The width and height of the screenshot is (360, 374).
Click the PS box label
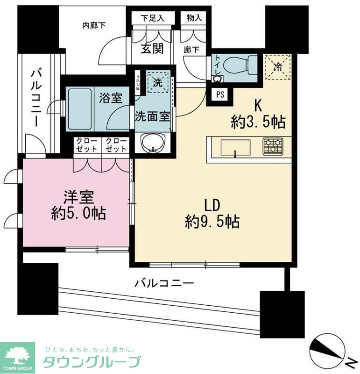[x=220, y=94]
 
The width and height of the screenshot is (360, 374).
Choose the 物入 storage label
[x=193, y=18]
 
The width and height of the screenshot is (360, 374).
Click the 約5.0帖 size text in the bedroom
[x=78, y=214]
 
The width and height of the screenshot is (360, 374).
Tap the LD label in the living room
[x=212, y=206]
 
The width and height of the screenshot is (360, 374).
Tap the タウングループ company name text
[x=92, y=362]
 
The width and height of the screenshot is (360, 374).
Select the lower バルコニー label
[x=164, y=282]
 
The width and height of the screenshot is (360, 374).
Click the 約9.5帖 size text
[x=212, y=221]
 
